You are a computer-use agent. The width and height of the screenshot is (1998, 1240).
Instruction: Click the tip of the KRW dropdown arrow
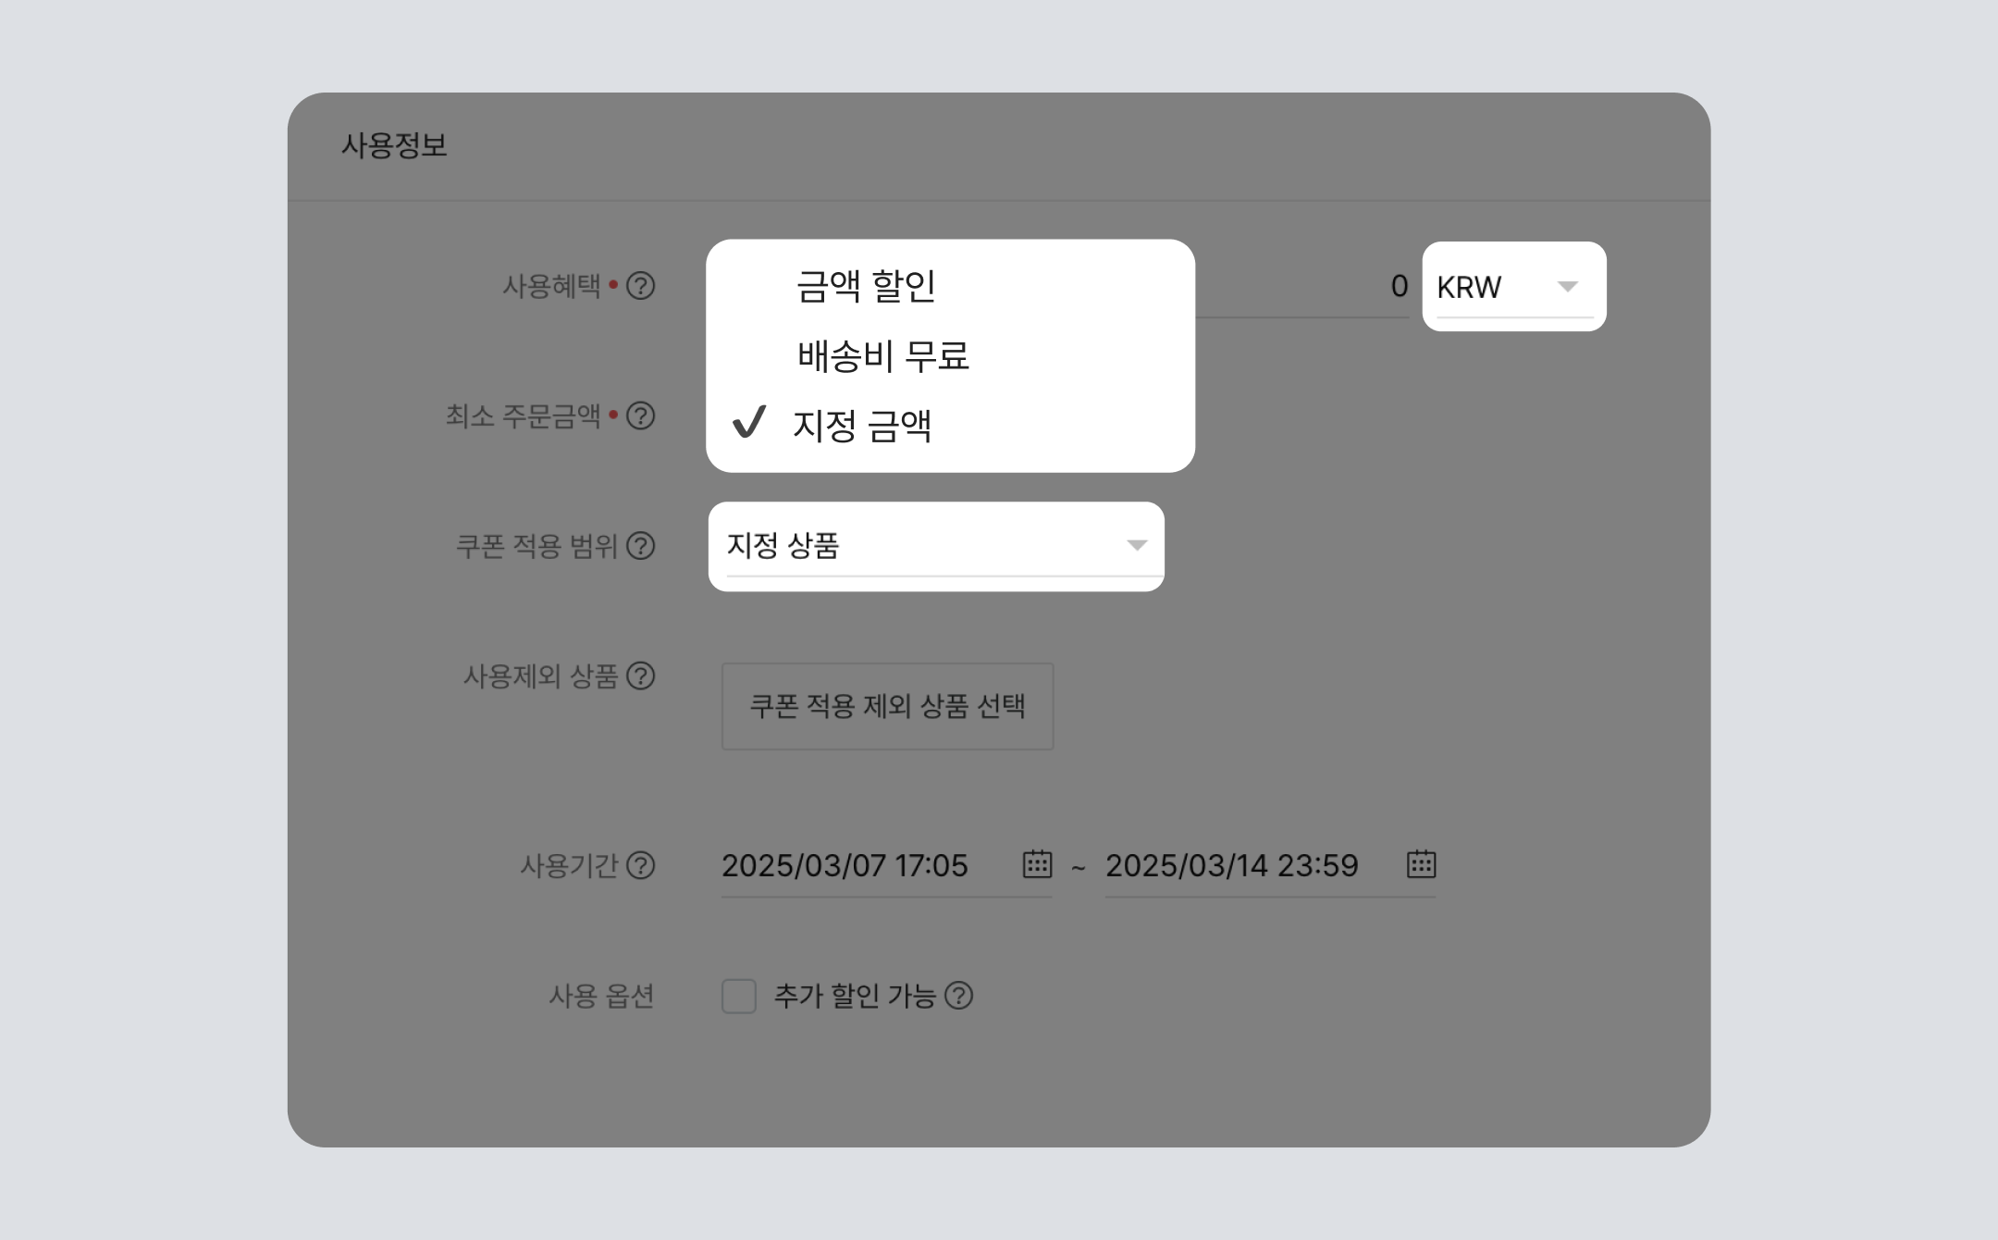[x=1567, y=291]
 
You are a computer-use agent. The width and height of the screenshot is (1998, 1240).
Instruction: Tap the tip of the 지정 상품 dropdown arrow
[x=1137, y=551]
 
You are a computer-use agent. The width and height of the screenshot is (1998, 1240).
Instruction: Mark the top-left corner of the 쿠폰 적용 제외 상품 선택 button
[x=722, y=663]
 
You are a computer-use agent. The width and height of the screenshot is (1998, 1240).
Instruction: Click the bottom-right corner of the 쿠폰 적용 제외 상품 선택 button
[x=1054, y=750]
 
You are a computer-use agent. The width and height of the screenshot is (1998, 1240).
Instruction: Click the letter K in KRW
[x=1446, y=288]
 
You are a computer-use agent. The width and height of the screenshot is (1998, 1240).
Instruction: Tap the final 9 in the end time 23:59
[x=1350, y=865]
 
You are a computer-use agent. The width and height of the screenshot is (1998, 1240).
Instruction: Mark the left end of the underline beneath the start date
[x=722, y=897]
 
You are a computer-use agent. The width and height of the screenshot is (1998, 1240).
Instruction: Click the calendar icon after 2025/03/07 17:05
[x=1037, y=863]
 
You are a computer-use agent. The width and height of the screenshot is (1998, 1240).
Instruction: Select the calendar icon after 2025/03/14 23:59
[x=1421, y=863]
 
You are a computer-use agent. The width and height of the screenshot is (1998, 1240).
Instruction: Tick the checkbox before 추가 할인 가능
[x=739, y=997]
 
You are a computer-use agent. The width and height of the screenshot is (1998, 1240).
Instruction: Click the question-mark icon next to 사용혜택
[x=641, y=286]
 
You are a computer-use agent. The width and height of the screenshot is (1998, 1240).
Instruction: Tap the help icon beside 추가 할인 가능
[x=959, y=996]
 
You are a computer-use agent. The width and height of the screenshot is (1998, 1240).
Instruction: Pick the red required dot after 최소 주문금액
[x=613, y=415]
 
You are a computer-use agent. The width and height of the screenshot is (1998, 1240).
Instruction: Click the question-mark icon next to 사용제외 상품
[x=641, y=676]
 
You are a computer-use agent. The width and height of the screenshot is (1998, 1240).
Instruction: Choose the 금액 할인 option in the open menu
[x=866, y=286]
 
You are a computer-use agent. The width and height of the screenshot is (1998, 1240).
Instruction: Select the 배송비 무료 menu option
[x=883, y=356]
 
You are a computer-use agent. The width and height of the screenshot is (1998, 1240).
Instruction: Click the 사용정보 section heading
[x=394, y=145]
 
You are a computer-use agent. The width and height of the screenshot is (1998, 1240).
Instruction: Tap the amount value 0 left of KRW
[x=1399, y=287]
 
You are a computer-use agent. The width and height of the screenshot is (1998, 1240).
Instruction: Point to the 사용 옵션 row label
[x=601, y=997]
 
